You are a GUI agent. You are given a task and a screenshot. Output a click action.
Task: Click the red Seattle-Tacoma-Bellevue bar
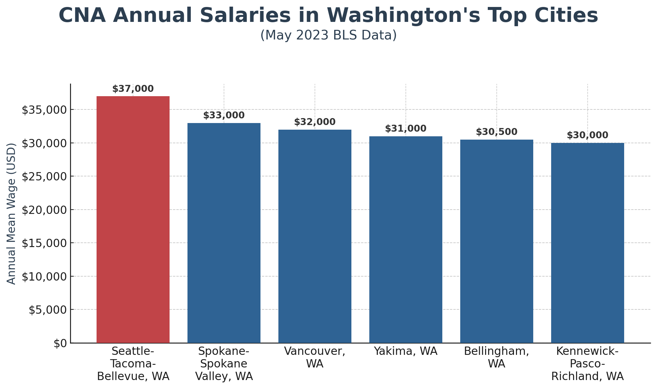click(x=133, y=219)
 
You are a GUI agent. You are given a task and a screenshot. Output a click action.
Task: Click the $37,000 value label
click(x=133, y=89)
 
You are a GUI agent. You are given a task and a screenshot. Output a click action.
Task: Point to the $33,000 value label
click(x=224, y=115)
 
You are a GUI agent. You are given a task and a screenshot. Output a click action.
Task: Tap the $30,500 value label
click(x=496, y=132)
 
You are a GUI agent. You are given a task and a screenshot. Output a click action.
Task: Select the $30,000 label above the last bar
click(x=587, y=135)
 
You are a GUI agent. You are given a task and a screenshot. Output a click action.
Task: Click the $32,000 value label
click(x=315, y=122)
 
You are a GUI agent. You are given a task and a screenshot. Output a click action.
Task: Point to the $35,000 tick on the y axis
click(x=44, y=110)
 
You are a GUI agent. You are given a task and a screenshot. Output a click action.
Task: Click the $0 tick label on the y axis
click(x=60, y=343)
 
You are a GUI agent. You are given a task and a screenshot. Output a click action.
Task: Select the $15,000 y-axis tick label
click(x=44, y=243)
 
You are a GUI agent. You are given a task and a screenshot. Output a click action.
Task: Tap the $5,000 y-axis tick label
click(x=47, y=310)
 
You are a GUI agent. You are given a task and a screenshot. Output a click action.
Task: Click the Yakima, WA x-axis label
click(x=405, y=351)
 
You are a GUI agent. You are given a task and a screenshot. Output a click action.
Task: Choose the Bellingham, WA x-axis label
click(x=496, y=357)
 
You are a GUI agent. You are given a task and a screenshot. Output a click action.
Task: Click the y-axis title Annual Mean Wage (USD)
click(x=11, y=214)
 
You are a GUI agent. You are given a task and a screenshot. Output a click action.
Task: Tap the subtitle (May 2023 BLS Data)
click(x=328, y=35)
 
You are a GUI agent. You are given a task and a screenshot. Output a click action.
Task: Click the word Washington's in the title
click(x=403, y=16)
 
